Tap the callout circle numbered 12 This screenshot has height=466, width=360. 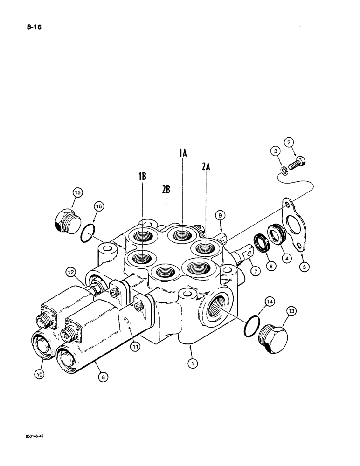(70, 271)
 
